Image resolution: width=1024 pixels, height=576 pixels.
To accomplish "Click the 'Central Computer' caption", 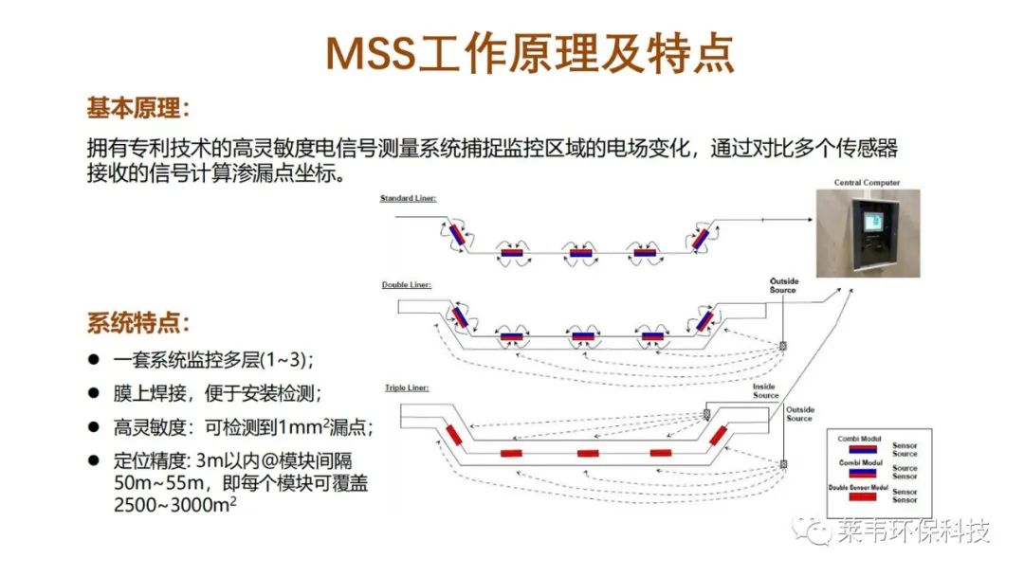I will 867,182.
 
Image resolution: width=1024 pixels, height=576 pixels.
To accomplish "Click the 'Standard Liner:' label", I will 408,198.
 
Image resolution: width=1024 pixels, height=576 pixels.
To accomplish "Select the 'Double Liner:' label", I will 407,284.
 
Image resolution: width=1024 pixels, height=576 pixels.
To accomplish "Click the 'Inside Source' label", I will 765,391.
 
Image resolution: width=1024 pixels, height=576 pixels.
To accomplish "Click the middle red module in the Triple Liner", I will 588,453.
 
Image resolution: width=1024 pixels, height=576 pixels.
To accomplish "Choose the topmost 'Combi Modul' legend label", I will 860,439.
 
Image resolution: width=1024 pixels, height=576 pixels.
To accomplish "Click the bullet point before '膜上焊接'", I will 94,391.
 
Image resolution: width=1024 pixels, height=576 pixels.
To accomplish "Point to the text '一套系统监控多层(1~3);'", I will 212,360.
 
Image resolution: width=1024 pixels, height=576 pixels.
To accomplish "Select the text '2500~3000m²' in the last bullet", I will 175,505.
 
